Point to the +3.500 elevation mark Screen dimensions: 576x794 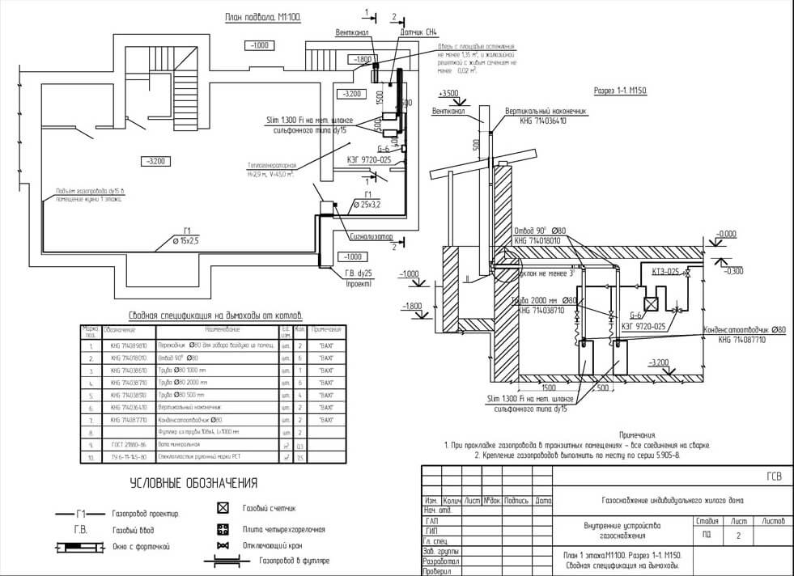coord(448,94)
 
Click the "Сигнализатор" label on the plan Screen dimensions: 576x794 coord(371,237)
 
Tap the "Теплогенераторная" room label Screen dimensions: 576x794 coord(271,164)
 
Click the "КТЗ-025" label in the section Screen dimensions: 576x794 coord(666,273)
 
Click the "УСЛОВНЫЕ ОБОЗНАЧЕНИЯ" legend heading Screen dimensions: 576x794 coord(193,484)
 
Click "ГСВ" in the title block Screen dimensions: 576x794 coord(774,476)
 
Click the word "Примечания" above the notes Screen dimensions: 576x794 coord(638,435)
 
